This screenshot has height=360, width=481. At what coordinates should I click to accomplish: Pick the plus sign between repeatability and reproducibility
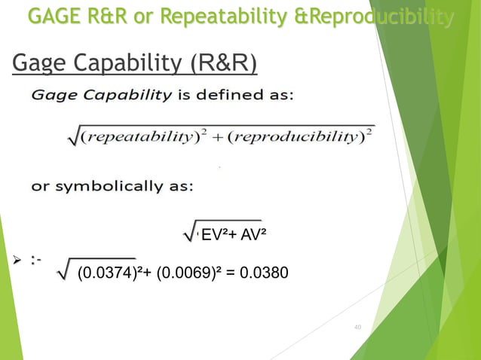point(217,139)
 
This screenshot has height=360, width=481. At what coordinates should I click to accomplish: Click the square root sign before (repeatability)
point(72,139)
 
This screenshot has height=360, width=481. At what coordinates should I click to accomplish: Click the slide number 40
point(357,327)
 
